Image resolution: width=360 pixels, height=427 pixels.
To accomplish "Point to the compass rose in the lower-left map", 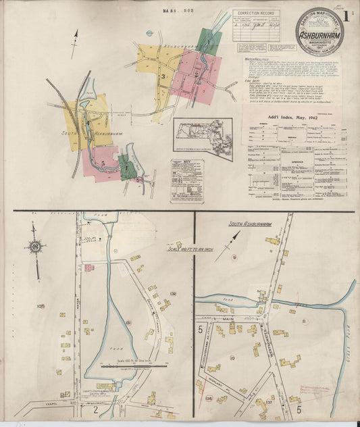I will point(34,247).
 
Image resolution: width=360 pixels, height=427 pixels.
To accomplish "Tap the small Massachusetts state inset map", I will point(202,137).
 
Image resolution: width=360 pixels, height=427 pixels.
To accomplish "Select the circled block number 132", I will point(173,293).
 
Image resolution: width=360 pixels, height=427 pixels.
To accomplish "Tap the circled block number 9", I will point(234,258).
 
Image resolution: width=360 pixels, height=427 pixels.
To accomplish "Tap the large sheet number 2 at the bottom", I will point(96,409).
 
